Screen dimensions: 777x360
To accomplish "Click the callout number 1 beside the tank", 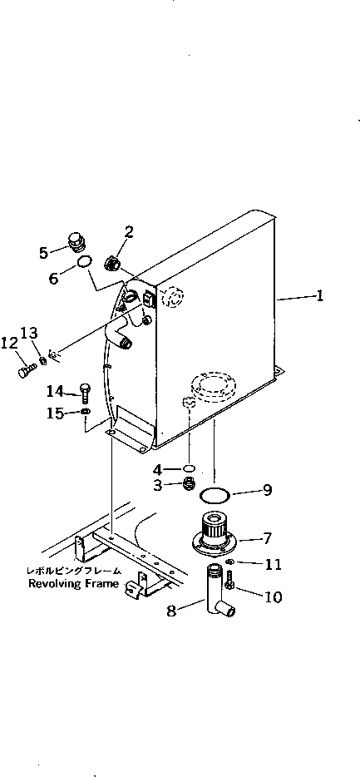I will click(321, 296).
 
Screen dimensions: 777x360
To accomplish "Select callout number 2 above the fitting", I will click(129, 232).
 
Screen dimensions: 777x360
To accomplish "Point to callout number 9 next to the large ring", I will click(267, 490).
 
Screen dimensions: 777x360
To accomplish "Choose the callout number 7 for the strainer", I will click(268, 538).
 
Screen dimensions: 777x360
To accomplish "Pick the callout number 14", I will click(54, 390).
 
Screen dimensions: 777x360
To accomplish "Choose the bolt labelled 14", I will click(85, 391).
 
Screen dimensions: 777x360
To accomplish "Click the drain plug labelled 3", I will click(190, 484).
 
